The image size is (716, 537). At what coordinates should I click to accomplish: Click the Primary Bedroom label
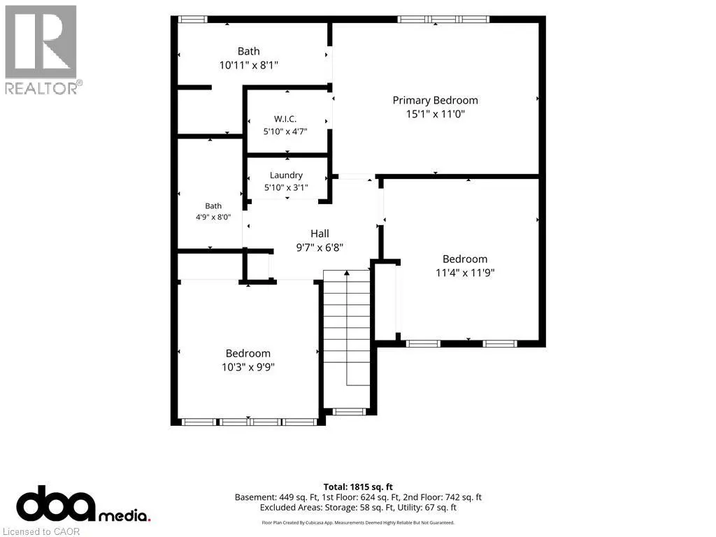pos(435,101)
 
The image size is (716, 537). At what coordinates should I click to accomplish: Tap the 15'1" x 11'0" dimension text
pos(435,114)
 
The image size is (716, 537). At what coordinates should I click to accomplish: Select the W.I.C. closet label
pos(285,119)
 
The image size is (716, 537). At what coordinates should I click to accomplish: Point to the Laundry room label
pos(286,176)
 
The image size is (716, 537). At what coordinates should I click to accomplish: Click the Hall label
pos(320,234)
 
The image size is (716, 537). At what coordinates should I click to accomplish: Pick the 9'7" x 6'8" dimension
pos(320,248)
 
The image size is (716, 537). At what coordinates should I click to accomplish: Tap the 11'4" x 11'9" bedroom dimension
pos(465,273)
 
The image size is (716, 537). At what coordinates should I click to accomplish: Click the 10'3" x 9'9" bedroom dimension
pos(248,366)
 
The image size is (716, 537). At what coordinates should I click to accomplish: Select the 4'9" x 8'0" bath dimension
pos(213,217)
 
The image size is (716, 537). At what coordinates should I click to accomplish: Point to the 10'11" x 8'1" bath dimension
pos(248,65)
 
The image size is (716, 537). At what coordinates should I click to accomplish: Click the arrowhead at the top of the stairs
pos(347,273)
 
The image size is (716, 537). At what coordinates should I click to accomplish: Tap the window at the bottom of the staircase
pos(349,412)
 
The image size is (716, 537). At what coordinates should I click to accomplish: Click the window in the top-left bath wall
pos(192,19)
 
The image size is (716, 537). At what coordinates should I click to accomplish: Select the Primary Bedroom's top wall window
pos(443,19)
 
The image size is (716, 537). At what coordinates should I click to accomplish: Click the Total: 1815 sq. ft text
pos(358,487)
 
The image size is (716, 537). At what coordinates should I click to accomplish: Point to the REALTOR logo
pos(43,50)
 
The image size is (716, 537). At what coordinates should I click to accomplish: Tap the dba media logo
pos(83,503)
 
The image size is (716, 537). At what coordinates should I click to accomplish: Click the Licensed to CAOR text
pos(41,531)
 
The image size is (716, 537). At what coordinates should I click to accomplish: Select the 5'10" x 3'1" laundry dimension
pos(286,187)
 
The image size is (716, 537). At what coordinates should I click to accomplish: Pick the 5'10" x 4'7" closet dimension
pos(285,131)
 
